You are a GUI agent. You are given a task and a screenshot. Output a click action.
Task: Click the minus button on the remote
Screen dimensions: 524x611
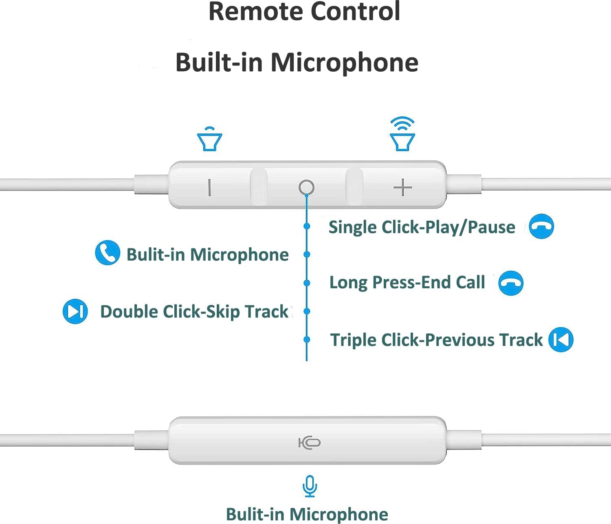pos(209,187)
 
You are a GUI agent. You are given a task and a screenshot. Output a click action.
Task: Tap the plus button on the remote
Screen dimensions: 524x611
pos(403,187)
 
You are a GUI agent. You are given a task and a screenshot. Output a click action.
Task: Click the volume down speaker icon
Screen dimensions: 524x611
pos(209,139)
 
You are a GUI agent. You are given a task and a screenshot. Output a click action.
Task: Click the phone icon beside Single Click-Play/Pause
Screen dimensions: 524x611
pos(541,226)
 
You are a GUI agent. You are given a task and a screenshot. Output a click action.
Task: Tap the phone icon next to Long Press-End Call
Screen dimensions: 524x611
pos(511,283)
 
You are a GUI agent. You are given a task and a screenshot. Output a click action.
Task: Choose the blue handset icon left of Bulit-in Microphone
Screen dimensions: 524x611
pos(108,253)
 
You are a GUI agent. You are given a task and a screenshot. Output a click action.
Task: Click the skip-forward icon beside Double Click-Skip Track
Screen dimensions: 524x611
pos(75,311)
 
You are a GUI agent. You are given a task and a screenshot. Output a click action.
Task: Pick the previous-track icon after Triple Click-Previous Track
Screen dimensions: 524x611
pos(561,340)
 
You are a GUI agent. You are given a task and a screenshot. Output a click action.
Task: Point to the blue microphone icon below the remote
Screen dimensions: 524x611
pos(310,486)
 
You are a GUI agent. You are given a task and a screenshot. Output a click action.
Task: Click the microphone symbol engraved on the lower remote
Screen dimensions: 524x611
pos(310,443)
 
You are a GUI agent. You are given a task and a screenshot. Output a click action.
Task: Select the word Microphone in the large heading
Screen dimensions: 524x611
pos(344,62)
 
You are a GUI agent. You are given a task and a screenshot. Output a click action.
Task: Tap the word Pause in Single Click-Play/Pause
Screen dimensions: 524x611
pos(491,227)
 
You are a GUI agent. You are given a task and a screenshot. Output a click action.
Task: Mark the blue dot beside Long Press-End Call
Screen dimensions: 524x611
pos(307,283)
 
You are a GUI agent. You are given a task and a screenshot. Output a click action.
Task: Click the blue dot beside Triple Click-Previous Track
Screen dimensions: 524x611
pos(307,340)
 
